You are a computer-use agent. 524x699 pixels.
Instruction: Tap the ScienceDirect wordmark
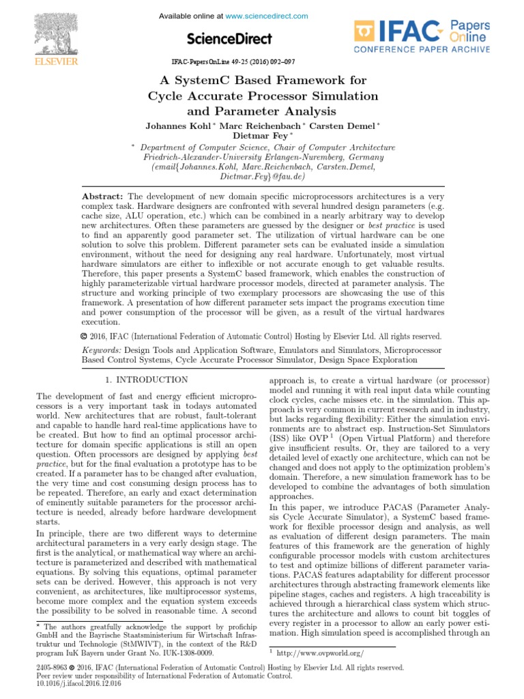(x=229, y=39)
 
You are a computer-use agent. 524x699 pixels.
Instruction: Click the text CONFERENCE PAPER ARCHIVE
(x=421, y=51)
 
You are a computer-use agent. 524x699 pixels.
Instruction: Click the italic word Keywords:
(x=102, y=349)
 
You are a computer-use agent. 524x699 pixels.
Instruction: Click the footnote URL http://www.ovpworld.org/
(x=321, y=653)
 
